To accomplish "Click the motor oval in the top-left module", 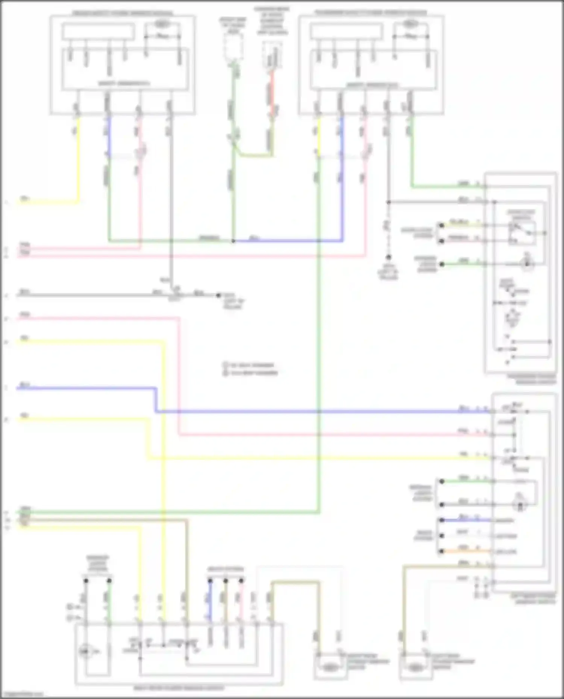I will (162, 24).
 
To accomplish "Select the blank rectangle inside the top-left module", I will (98, 31).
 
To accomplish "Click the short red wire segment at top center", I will (272, 94).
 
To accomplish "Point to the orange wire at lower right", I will (466, 551).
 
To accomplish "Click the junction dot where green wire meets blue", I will (233, 241).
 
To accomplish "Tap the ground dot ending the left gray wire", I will (218, 295).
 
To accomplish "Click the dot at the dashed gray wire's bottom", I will (388, 257).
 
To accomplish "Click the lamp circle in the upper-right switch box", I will (527, 264).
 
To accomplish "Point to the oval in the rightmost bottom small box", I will (415, 667).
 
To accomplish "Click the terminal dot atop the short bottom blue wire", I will (210, 581).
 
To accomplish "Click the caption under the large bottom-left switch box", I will (179, 688).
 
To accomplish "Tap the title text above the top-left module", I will (123, 13).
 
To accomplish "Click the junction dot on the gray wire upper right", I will (388, 202).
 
